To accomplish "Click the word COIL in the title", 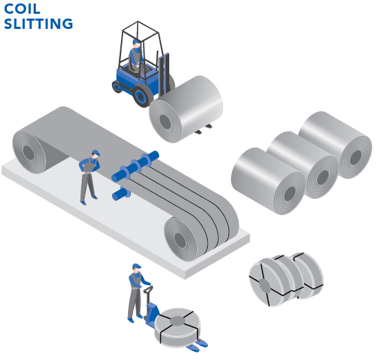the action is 22,9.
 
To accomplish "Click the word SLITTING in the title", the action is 39,24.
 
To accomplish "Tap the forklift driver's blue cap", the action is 136,41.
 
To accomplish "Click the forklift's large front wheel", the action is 142,95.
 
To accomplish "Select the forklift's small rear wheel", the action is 117,87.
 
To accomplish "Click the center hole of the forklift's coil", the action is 165,121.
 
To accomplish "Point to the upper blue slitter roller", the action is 135,166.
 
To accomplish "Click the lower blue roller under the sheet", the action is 121,193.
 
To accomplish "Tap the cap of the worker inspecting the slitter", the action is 96,153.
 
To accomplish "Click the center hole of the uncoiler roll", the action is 29,152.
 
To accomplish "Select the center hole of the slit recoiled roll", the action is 180,240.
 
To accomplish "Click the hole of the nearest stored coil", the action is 290,193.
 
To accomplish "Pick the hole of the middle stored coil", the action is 323,178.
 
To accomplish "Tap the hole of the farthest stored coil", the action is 356,158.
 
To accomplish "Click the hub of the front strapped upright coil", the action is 265,286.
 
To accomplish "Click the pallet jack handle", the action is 148,289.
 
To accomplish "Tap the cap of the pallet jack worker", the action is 136,266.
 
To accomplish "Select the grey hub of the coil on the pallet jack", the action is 177,321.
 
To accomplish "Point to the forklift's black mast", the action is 164,74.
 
